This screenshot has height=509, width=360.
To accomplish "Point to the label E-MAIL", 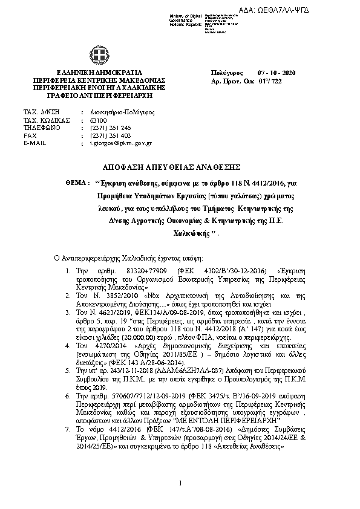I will (x=34, y=143).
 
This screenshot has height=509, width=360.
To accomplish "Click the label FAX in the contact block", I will (x=29, y=135).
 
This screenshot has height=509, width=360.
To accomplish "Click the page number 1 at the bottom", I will (x=180, y=482).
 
